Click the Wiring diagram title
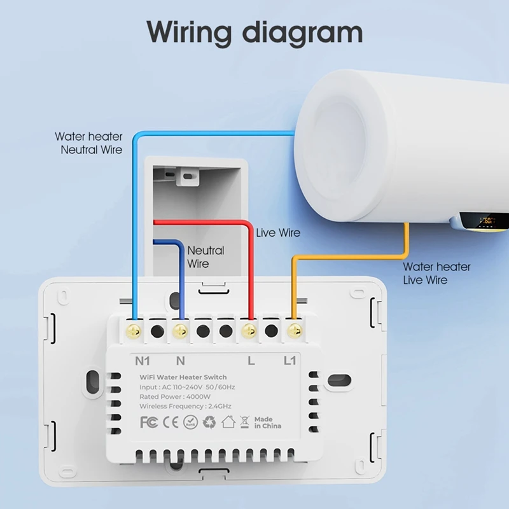(x=254, y=32)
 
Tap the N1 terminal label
(x=141, y=361)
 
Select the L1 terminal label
(x=289, y=361)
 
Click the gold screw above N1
(x=134, y=331)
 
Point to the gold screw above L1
(x=294, y=331)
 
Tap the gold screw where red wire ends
(x=249, y=331)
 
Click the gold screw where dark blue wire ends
(x=180, y=331)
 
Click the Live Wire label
(x=278, y=233)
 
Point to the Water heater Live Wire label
(x=436, y=274)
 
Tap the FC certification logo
(x=148, y=422)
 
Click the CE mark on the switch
(x=169, y=422)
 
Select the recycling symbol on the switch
(x=209, y=422)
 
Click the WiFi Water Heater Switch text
(x=192, y=377)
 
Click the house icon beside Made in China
(x=229, y=422)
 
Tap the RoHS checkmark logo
(x=189, y=422)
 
